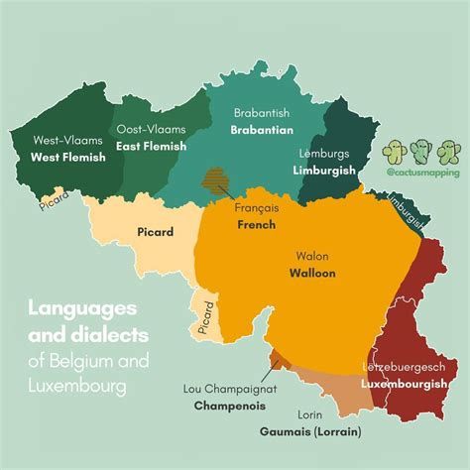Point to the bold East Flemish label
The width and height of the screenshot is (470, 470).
pyautogui.click(x=151, y=145)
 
